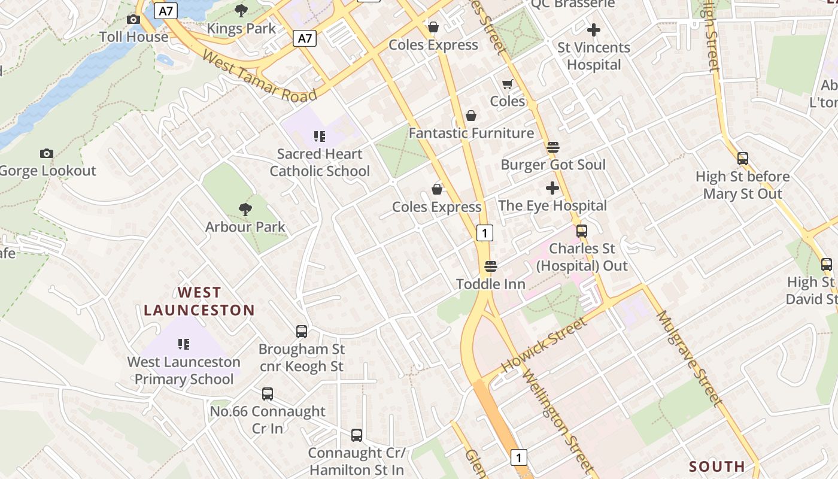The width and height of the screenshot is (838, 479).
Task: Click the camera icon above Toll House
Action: pyautogui.click(x=133, y=20)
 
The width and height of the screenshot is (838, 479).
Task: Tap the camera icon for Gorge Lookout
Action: pyautogui.click(x=47, y=154)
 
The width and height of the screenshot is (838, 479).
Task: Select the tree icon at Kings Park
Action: pyautogui.click(x=241, y=11)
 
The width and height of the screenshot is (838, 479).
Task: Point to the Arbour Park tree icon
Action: pyautogui.click(x=245, y=209)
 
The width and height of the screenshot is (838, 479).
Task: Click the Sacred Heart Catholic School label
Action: pyautogui.click(x=320, y=162)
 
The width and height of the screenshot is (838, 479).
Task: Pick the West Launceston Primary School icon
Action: pyautogui.click(x=184, y=344)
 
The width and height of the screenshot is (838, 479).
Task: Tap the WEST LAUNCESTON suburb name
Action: pyautogui.click(x=199, y=301)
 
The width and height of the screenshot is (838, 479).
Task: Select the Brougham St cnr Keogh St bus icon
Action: pyautogui.click(x=302, y=331)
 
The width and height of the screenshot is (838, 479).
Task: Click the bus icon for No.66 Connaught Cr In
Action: pyautogui.click(x=268, y=394)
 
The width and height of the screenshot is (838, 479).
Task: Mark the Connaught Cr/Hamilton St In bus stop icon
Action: pyautogui.click(x=357, y=435)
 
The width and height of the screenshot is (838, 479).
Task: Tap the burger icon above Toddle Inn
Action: pyautogui.click(x=491, y=266)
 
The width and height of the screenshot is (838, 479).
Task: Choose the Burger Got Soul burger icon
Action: pyautogui.click(x=552, y=147)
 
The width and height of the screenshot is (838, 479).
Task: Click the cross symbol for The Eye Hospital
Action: pyautogui.click(x=552, y=188)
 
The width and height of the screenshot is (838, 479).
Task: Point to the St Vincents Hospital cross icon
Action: pyautogui.click(x=593, y=29)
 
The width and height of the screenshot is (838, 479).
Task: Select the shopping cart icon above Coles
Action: pyautogui.click(x=508, y=84)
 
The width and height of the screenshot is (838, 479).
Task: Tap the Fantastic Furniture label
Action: pyautogui.click(x=471, y=133)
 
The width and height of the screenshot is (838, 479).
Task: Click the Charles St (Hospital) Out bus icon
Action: pyautogui.click(x=581, y=231)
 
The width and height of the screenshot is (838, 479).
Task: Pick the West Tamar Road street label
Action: pyautogui.click(x=259, y=76)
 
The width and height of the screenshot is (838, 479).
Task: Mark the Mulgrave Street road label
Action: pyautogui.click(x=690, y=357)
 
